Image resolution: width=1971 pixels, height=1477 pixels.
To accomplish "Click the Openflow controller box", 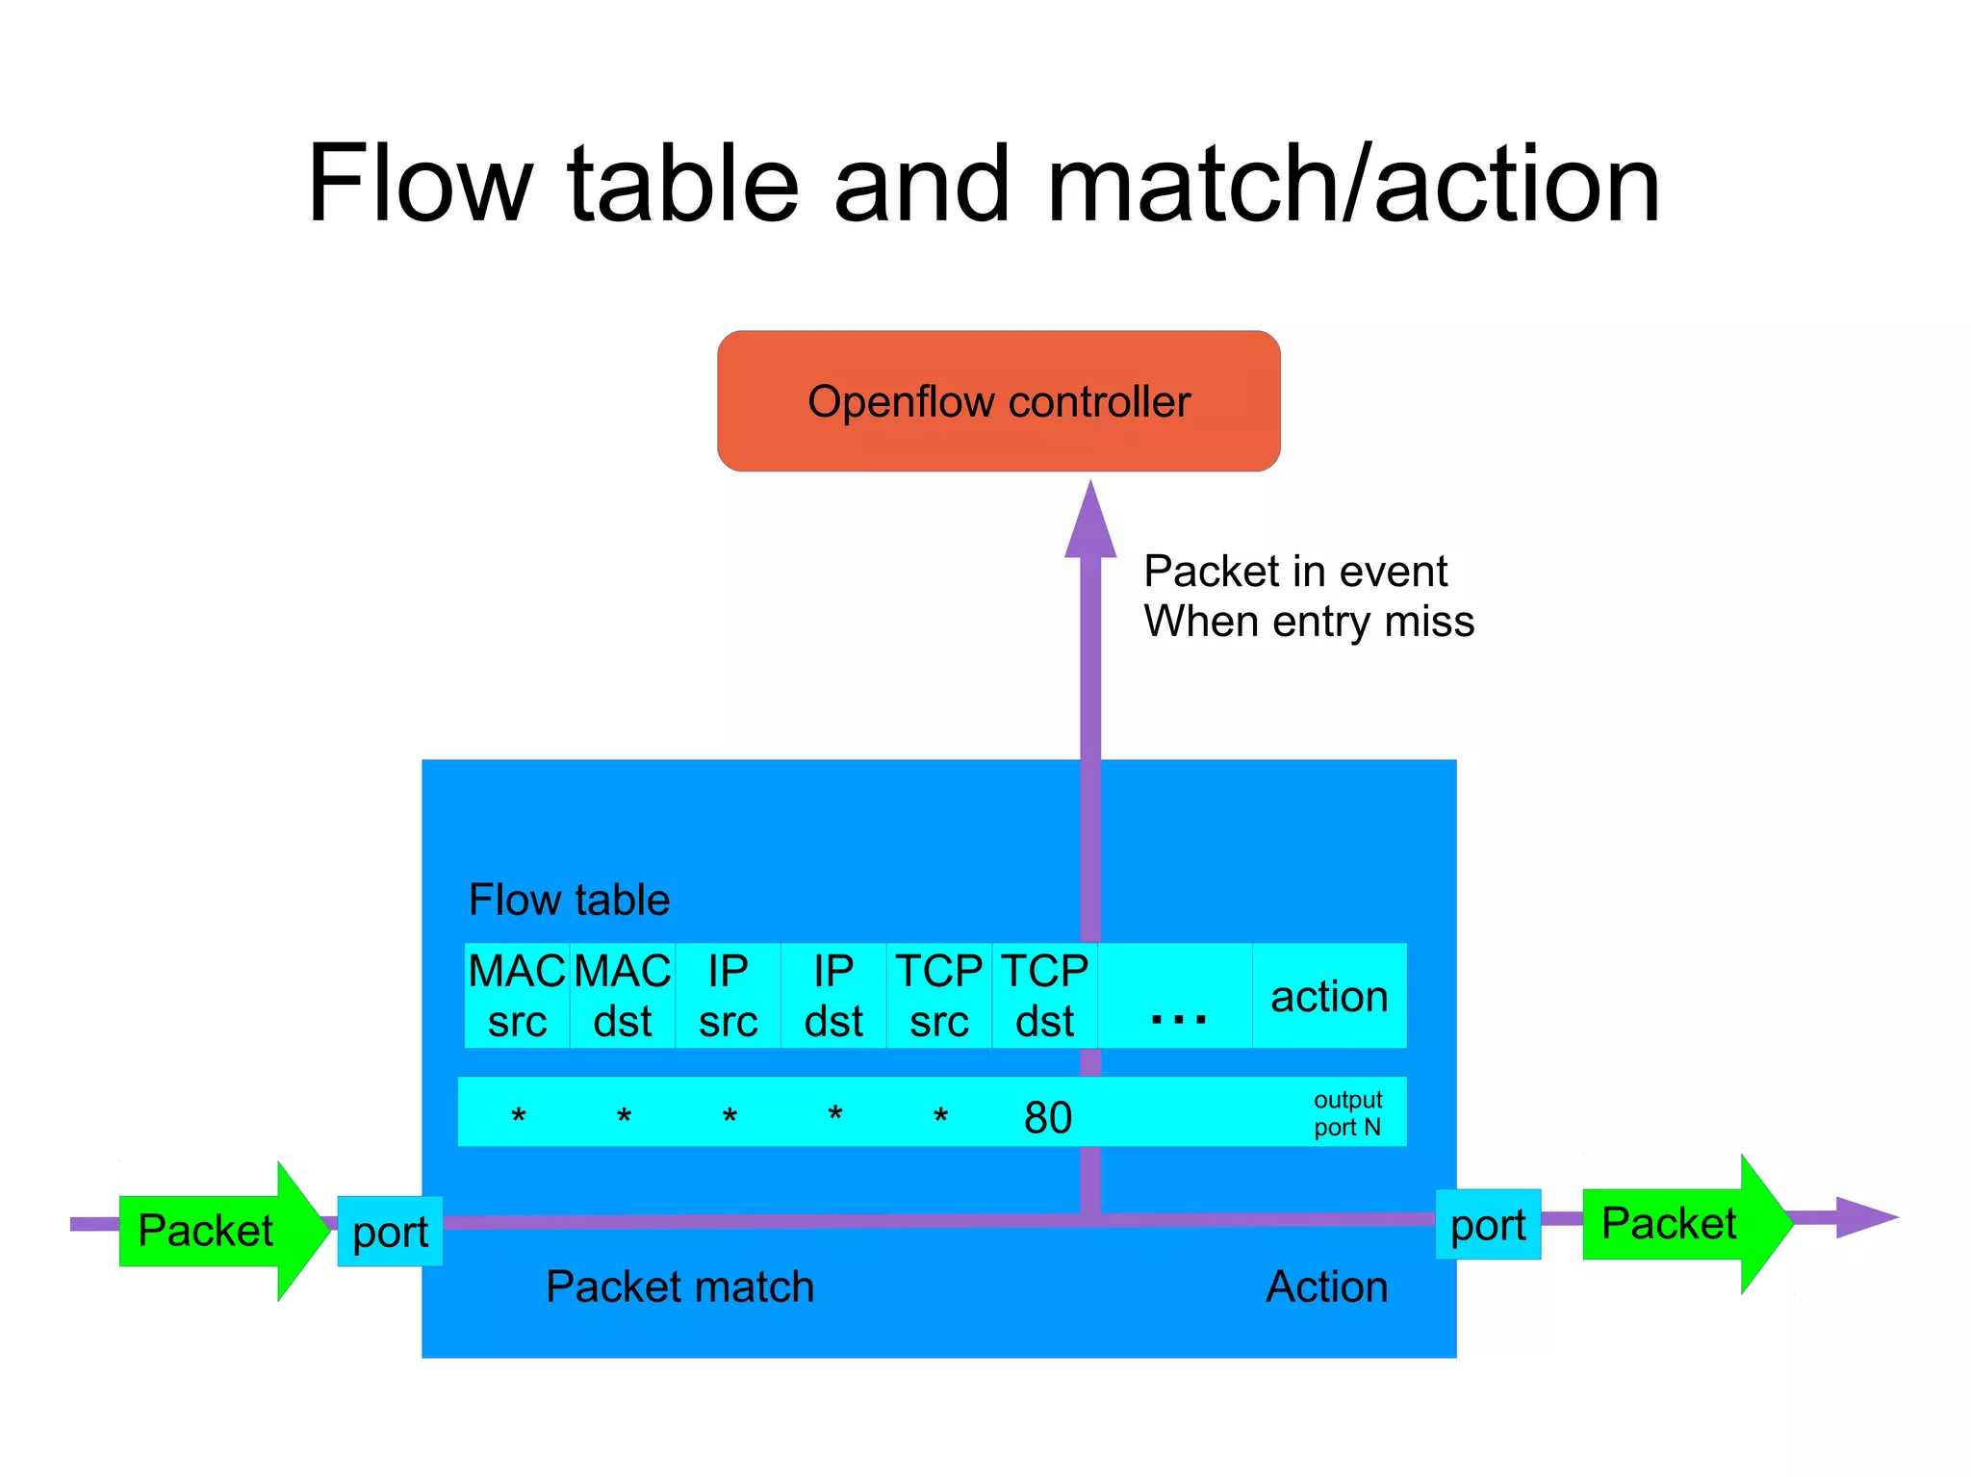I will coord(998,401).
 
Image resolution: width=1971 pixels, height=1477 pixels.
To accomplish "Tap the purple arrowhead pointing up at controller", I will coord(1089,524).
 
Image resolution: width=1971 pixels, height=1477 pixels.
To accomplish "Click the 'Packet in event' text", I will coord(1294,572).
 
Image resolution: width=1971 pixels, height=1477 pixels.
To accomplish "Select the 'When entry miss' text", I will coord(1308,622).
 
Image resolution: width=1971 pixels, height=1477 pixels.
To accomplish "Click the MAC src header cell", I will coord(517,996).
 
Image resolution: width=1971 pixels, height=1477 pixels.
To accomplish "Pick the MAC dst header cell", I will coord(623,996).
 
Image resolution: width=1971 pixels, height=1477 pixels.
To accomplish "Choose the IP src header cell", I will coord(728,996).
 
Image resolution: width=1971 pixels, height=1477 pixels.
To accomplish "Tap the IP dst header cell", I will coord(833,996).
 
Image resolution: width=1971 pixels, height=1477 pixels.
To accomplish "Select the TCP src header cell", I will coord(938,996).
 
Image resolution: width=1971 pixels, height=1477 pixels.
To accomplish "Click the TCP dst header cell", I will coord(1044,996).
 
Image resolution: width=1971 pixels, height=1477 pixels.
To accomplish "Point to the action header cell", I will coord(1329,996).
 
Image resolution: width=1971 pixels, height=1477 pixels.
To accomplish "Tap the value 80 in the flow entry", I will coord(1048,1117).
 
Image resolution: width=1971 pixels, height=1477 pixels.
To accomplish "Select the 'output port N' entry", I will coord(1347,1113).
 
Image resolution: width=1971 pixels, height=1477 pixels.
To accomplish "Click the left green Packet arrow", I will coord(217,1231).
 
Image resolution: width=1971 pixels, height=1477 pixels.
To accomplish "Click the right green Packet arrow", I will coord(1679,1224).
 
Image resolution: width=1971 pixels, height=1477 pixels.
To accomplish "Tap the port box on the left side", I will coord(390,1232).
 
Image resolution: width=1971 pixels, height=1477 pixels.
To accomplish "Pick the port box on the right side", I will coord(1488,1225).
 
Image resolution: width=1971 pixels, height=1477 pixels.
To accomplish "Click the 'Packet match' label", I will coord(679,1286).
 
